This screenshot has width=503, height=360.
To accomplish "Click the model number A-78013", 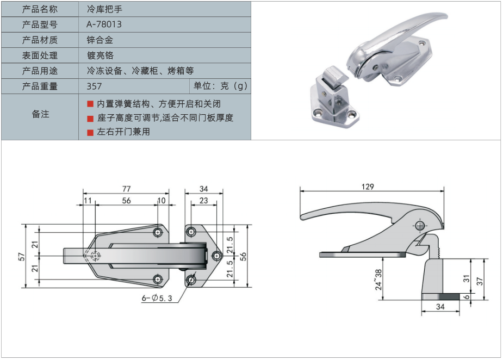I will point(104,24).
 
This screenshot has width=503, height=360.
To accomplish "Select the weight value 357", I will point(94,86).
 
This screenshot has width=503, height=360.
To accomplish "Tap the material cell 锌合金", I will point(100,40).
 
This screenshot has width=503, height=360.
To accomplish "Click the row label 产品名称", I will point(40,9).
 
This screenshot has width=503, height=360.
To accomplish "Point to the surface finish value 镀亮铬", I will point(100,55).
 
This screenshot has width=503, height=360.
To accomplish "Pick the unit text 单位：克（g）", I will point(220,86).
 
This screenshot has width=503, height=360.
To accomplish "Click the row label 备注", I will point(40,114).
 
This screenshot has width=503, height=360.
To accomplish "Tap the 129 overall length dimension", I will point(368,187).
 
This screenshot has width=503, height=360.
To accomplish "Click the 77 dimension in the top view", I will point(126,189).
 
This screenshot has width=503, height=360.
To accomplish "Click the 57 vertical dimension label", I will point(22,256).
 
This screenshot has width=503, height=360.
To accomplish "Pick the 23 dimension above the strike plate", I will point(203,200).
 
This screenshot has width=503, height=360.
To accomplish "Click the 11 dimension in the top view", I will point(88,200).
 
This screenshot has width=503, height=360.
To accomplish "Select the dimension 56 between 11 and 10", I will point(126,200).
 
